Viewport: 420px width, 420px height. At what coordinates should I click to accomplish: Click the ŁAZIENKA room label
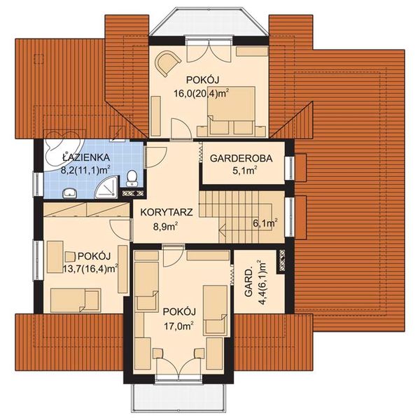pos(86,157)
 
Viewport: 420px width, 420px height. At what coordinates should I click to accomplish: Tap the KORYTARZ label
pos(167,212)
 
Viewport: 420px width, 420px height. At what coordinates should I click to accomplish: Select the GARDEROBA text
pos(241,158)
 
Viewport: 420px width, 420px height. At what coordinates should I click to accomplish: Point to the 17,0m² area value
pos(179,326)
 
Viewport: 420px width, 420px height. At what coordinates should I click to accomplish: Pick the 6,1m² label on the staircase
pos(265,223)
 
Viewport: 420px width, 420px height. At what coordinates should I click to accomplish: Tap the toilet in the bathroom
pos(132,178)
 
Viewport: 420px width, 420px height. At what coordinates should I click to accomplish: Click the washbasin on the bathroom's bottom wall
pos(70,193)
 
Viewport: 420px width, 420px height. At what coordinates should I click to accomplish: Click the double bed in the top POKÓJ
pos(230,110)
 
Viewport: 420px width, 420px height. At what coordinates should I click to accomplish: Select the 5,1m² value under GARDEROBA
pos(245,171)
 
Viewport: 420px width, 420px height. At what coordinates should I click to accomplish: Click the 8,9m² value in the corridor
pos(166,227)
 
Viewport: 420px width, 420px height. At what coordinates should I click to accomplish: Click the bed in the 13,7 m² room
pos(76,300)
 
